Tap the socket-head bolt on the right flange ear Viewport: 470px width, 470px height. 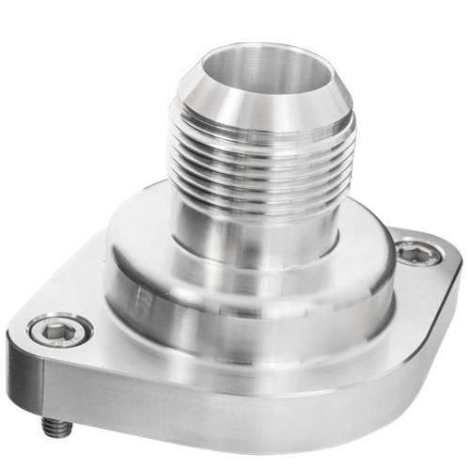414,252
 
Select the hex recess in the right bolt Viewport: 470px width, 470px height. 415,252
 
